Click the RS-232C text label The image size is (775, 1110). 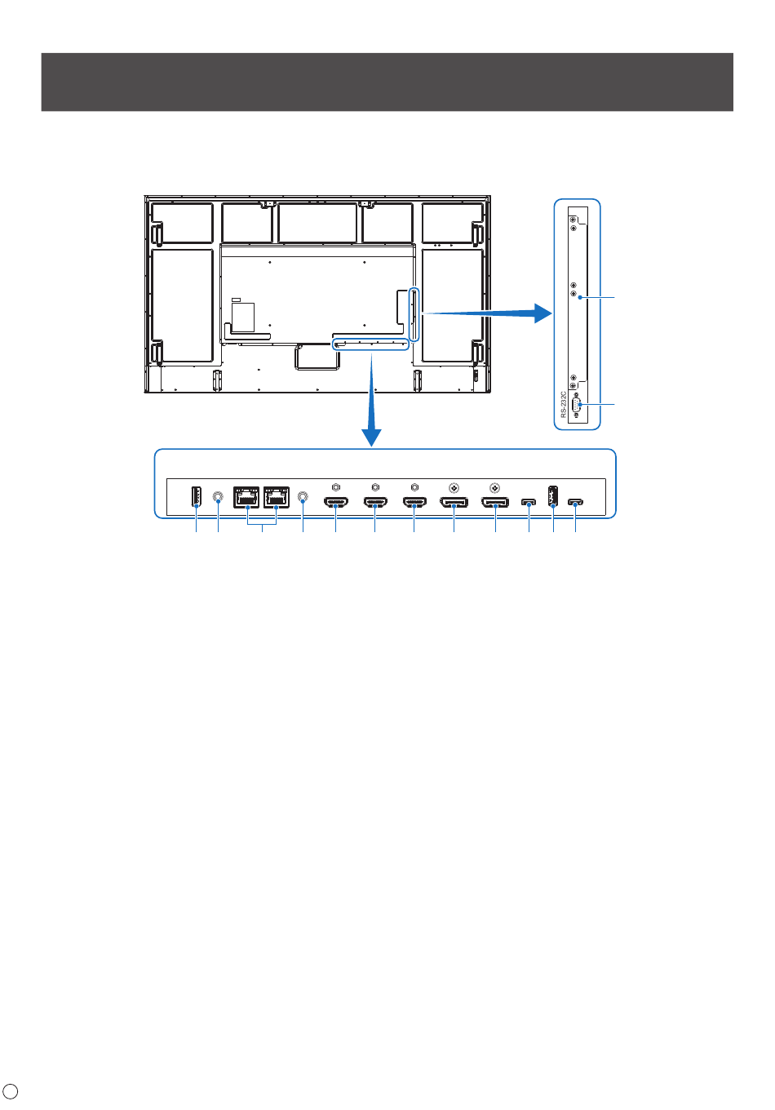click(563, 404)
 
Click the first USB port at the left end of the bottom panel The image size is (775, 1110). click(196, 497)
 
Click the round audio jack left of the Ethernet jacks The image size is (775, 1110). click(218, 496)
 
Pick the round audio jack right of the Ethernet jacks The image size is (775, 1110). click(303, 496)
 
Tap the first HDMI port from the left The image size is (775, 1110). click(336, 503)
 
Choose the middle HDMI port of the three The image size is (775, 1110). click(375, 503)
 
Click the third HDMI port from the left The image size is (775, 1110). click(414, 503)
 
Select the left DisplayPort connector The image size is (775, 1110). click(454, 503)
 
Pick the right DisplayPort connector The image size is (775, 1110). click(494, 503)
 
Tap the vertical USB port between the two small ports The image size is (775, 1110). click(552, 496)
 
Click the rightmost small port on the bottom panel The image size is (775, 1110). click(575, 503)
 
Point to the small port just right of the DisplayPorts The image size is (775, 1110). click(529, 503)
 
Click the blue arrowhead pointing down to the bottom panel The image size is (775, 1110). click(371, 437)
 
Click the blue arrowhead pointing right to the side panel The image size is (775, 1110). click(542, 313)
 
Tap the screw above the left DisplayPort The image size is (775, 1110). click(454, 488)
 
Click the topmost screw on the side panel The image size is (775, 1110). click(573, 220)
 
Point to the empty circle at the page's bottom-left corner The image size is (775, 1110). click(11, 1090)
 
